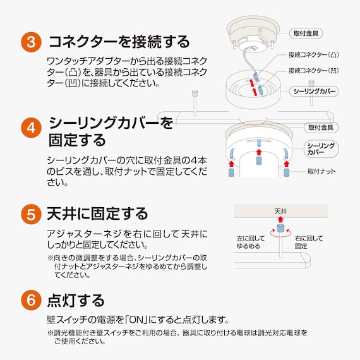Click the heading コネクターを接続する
point(119,42)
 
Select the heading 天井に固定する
point(98,213)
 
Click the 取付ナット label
point(321,171)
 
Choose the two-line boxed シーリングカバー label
point(321,149)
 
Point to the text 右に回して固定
point(309,242)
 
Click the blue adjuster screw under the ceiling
point(280,227)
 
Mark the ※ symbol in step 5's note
point(51,258)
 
